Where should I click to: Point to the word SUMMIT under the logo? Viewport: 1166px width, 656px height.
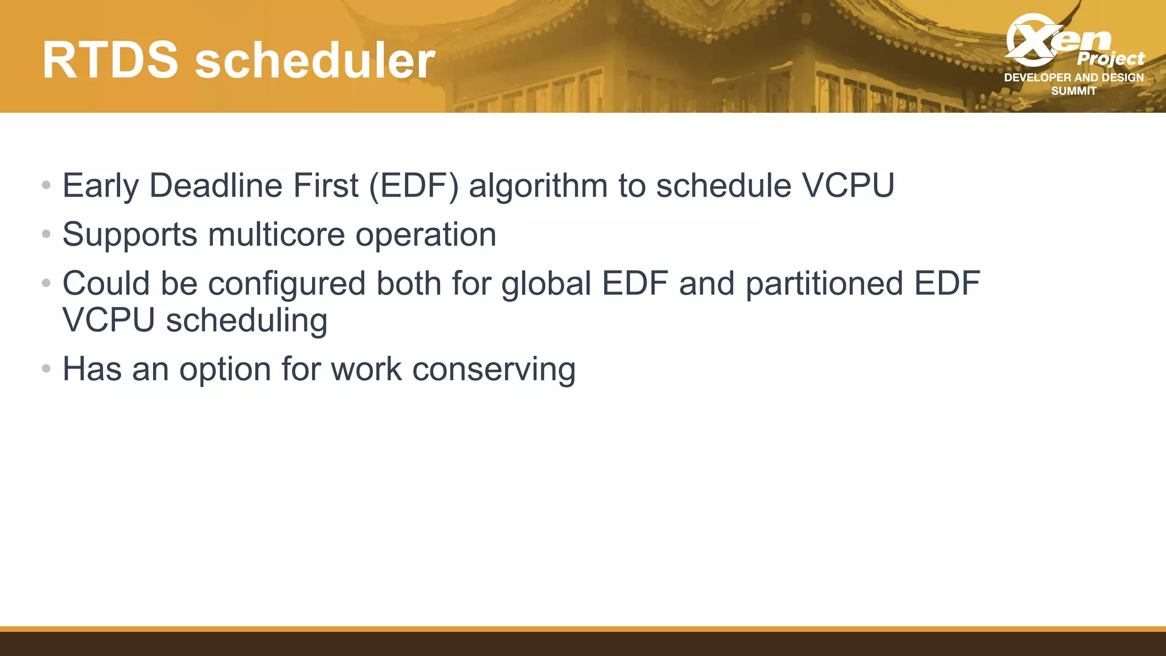[x=1073, y=91]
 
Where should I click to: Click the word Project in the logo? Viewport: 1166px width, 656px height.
[x=1110, y=58]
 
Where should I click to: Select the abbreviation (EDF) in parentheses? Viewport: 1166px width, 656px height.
[x=413, y=186]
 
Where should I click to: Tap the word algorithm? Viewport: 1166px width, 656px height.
[x=538, y=186]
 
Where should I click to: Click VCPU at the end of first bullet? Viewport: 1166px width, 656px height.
[x=848, y=186]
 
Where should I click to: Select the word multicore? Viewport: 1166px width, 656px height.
[x=276, y=235]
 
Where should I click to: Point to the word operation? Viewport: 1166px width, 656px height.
[x=426, y=235]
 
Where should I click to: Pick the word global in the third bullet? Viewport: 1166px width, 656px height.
[x=546, y=284]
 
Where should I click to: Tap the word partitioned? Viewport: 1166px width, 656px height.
[x=824, y=284]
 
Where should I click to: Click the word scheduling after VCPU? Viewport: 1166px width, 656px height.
[x=247, y=321]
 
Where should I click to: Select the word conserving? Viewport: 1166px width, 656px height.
[x=494, y=369]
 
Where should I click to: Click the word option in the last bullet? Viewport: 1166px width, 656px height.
[x=225, y=369]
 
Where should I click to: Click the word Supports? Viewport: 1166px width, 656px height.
[x=130, y=235]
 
